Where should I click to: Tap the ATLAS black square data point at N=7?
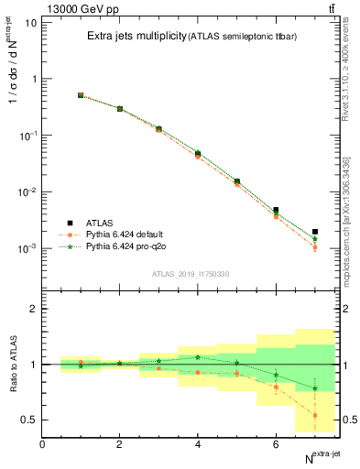314,232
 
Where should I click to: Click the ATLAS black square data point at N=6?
276,210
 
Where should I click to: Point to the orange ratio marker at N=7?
314,415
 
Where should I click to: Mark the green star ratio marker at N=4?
198,357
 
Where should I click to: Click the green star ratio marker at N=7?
314,388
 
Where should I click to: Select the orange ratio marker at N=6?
276,387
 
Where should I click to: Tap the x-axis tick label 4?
198,444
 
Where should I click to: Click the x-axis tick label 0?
42,444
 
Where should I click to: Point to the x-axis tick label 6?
276,444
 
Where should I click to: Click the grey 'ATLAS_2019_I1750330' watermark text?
191,274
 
